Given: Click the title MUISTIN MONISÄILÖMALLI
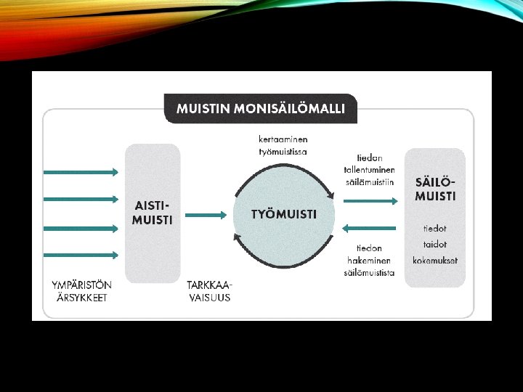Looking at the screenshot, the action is coord(266,110).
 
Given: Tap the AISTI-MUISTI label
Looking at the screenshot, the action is coord(152,213).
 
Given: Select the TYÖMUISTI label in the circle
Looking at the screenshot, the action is coord(283,214).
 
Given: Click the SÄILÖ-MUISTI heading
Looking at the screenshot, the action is coord(436,189).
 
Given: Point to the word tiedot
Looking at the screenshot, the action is coord(435,228).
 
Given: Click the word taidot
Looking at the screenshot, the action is coord(435,245).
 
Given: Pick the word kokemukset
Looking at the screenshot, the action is coord(435,261).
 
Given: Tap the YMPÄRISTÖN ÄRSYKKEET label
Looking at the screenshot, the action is coord(81,290).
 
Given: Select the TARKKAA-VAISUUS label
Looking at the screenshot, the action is coord(209,290).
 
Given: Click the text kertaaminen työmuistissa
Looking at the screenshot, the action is coord(283,144).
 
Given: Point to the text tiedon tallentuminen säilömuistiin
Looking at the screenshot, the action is coord(369,170).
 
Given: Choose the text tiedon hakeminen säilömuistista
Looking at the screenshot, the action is coord(369,260).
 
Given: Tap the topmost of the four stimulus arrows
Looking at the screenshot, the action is coord(81,172).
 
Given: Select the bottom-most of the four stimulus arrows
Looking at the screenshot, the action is coord(81,255).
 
